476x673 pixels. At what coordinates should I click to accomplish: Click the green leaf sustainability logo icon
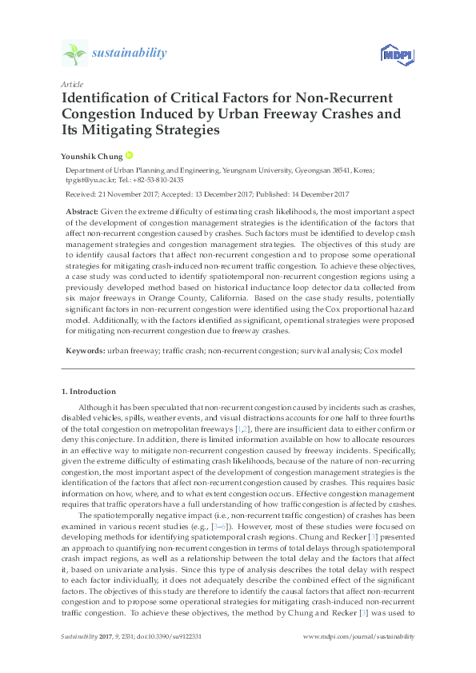coord(74,54)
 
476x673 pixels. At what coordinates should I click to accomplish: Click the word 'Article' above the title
coord(72,84)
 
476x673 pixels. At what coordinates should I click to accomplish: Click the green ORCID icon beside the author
coord(127,155)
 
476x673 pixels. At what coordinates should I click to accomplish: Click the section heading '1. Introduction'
coord(89,392)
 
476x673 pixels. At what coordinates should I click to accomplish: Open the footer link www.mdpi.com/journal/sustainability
coord(362,636)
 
